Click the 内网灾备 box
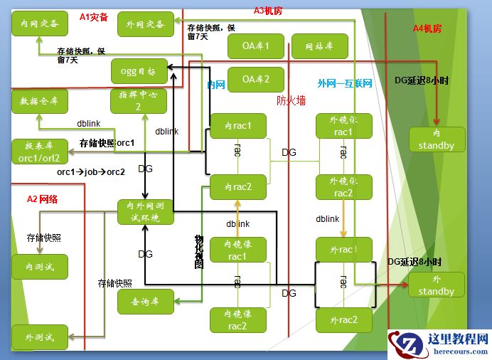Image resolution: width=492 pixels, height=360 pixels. click(x=39, y=24)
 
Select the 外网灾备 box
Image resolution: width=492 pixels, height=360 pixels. click(x=145, y=24)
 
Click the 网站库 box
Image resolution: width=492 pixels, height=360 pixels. click(x=319, y=46)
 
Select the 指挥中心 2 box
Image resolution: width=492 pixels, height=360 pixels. click(x=139, y=102)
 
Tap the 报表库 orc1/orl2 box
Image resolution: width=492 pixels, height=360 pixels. click(x=39, y=151)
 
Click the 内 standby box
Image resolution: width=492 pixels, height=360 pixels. click(x=437, y=139)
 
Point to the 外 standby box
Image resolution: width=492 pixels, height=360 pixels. click(x=437, y=285)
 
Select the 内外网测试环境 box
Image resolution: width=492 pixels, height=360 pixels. click(x=145, y=212)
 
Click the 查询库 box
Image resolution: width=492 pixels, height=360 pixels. click(x=145, y=301)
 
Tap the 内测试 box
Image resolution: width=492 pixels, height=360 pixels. click(x=39, y=266)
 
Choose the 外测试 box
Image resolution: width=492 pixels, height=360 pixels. click(x=39, y=337)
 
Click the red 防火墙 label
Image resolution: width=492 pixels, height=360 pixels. click(x=291, y=101)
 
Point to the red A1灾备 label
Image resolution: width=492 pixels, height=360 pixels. click(x=93, y=16)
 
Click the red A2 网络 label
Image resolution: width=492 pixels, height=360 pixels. click(x=42, y=198)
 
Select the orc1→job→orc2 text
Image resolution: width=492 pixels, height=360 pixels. click(x=91, y=172)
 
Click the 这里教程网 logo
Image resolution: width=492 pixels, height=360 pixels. click(x=439, y=344)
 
